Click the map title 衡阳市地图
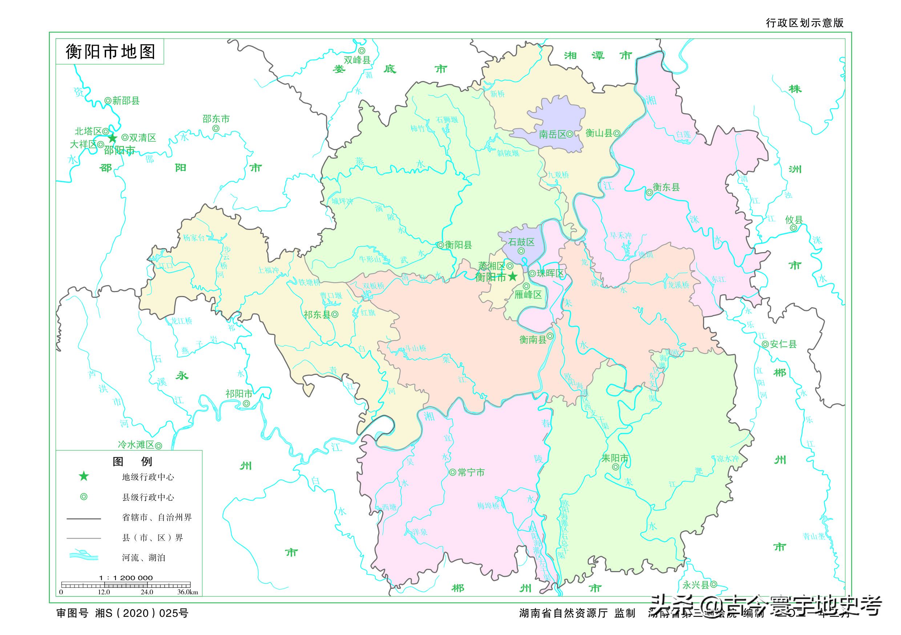point(110,52)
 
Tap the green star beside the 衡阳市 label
point(513,277)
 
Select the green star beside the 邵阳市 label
point(113,138)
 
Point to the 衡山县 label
point(599,133)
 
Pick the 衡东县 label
point(666,187)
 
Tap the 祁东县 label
point(317,315)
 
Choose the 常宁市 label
point(471,473)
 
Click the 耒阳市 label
point(615,458)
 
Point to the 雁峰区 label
point(528,295)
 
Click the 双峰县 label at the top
point(357,60)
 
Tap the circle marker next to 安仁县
point(765,344)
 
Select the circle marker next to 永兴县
point(714,585)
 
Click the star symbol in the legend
point(84,477)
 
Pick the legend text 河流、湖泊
point(143,558)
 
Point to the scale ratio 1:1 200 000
point(126,578)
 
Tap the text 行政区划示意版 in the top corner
point(804,23)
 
